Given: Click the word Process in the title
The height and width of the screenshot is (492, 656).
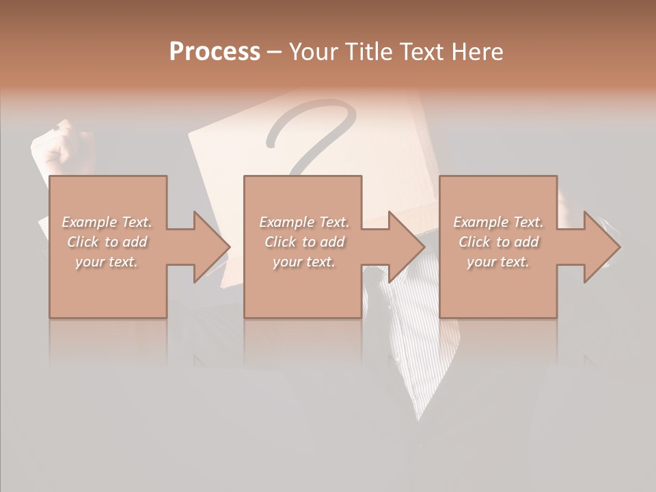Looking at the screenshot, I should coord(215,52).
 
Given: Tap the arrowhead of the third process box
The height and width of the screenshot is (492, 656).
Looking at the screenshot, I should coord(601,247).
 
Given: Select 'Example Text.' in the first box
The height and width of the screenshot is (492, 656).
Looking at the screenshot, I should coord(107,222).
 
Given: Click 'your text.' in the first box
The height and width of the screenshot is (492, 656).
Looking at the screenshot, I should coord(107,262).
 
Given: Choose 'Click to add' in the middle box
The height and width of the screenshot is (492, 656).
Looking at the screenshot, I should coord(304,242).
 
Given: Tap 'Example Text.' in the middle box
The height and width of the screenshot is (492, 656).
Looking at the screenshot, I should coord(304,222).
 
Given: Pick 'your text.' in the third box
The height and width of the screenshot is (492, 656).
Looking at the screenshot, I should coord(498,262).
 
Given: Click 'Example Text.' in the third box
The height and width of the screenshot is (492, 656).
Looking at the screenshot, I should coord(498,222).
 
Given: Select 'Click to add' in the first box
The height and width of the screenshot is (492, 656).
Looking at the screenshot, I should coord(107,242).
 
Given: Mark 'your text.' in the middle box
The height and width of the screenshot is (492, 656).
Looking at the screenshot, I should coord(304,262).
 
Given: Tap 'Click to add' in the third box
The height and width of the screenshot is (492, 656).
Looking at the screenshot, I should coord(498,242).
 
